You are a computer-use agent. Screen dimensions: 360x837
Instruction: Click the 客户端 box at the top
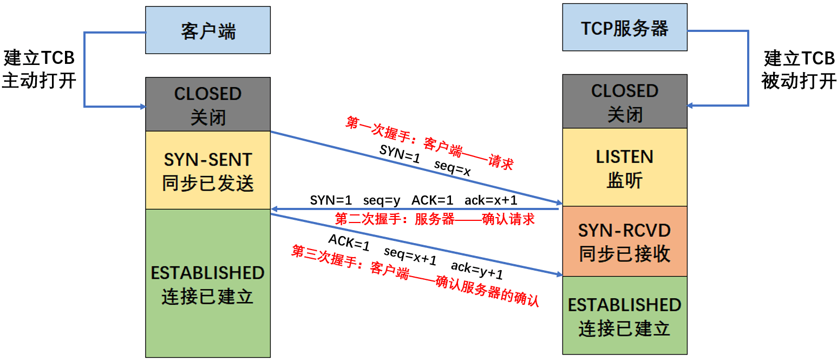point(208,30)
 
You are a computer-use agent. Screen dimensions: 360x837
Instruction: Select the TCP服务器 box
point(624,28)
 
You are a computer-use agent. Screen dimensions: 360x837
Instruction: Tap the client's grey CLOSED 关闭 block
point(208,104)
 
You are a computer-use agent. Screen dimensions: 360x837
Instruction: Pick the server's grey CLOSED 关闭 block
point(624,101)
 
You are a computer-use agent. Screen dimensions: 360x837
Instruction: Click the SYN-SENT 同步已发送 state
point(208,171)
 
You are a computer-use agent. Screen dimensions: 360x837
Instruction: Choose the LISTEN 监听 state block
point(624,167)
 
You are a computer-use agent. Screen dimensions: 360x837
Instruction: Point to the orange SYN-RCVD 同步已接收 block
point(624,241)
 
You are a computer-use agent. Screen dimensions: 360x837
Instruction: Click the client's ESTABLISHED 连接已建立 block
point(208,283)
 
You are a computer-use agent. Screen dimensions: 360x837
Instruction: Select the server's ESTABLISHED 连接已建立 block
point(624,315)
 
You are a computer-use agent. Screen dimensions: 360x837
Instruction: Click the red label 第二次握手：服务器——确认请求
point(435,219)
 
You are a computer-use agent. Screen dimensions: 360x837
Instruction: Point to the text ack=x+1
point(491,200)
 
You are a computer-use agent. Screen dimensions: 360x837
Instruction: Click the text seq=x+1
point(410,256)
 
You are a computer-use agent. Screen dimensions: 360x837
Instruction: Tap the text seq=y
point(382,200)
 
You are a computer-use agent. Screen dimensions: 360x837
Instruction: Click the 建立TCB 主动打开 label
point(38,69)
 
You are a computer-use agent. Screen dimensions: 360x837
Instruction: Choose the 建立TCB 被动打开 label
point(799,69)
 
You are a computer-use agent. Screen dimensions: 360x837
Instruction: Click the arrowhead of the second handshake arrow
point(275,209)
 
